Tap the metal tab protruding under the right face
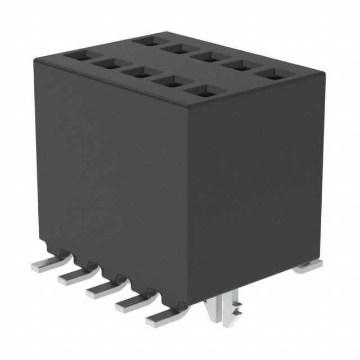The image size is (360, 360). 308,267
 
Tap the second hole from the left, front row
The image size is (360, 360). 107,64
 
